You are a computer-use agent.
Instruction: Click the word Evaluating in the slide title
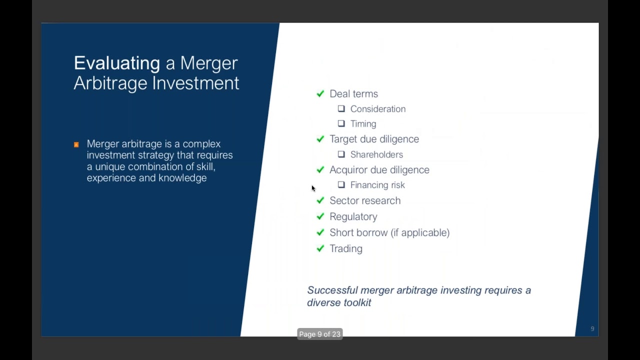[x=116, y=63]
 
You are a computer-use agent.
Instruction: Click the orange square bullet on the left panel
[x=76, y=145]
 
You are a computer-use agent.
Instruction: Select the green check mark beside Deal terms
[x=320, y=93]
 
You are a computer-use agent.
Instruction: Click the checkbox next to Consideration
[x=341, y=108]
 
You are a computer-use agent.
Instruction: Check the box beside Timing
[x=341, y=123]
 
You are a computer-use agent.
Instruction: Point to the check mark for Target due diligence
[x=320, y=139]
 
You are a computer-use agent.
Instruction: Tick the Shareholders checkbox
[x=341, y=154]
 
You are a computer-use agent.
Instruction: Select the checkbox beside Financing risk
[x=341, y=185]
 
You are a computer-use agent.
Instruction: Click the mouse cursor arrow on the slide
[x=313, y=188]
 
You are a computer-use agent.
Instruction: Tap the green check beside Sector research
[x=320, y=200]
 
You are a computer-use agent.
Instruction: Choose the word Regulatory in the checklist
[x=353, y=216]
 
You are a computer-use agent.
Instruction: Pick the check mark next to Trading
[x=320, y=248]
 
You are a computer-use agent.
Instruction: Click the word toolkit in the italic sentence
[x=357, y=302]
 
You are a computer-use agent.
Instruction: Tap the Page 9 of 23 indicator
[x=319, y=334]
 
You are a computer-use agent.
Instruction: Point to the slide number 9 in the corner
[x=592, y=328]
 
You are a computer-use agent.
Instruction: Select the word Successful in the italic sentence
[x=332, y=290]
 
